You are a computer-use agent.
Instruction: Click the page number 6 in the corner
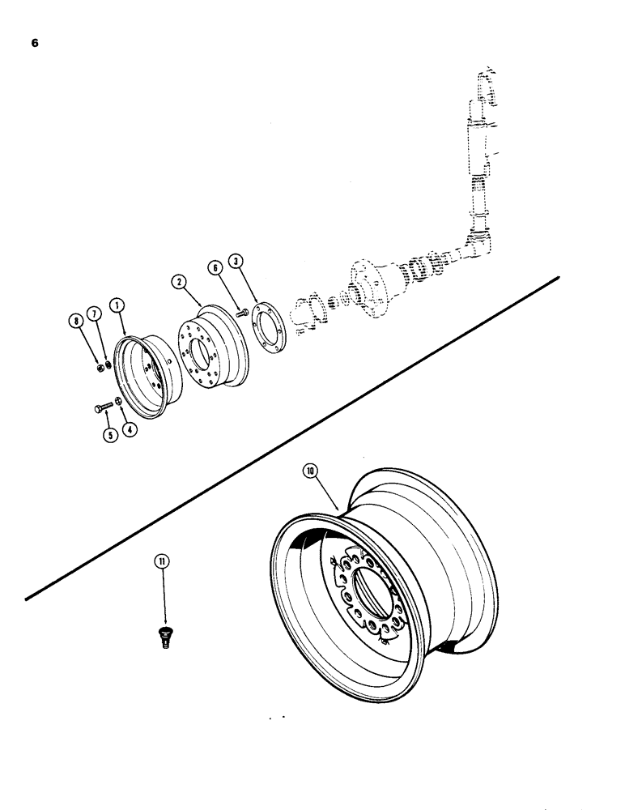(34, 44)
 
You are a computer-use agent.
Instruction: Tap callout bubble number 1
(118, 305)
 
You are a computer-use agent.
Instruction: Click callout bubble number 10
(312, 471)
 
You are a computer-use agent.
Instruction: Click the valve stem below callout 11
(164, 637)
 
